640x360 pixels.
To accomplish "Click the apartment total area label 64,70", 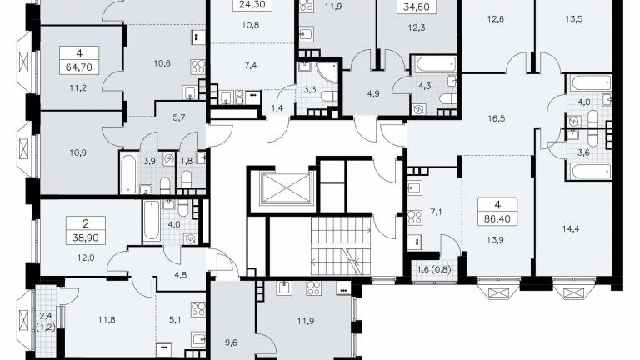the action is tap(79, 67).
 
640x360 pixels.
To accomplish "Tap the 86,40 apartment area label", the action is tap(497, 219).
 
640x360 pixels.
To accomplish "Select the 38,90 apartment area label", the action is tap(86, 237).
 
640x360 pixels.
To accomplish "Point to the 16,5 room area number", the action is tap(497, 119).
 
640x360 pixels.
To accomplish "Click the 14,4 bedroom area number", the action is tap(571, 229).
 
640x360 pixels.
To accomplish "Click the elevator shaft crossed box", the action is tap(286, 187).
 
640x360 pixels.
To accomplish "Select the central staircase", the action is tap(341, 246).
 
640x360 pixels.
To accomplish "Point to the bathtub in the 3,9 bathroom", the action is tap(128, 172).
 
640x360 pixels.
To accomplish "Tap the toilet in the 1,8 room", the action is tap(186, 179).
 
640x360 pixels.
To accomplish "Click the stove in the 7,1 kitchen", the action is tap(415, 217).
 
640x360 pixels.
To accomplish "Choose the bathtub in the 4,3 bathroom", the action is tap(435, 64).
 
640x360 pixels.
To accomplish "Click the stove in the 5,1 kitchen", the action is tap(198, 308).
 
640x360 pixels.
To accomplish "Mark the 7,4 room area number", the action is tap(251, 65).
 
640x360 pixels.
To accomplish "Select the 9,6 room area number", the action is tap(231, 342).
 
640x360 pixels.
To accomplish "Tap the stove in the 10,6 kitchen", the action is tap(197, 67).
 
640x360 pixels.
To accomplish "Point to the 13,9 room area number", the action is tap(495, 240).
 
